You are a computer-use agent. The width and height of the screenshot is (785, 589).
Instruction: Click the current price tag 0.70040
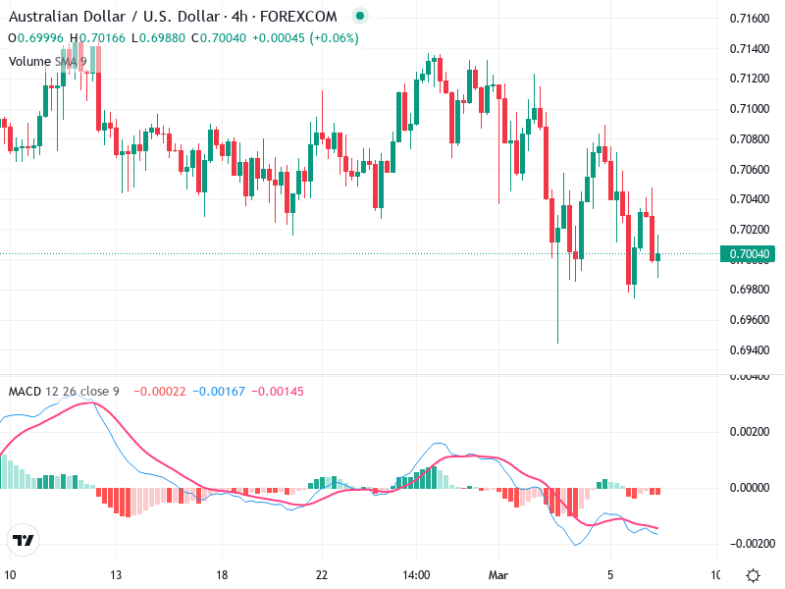pos(751,255)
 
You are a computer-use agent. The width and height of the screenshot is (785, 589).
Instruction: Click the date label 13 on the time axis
pos(115,575)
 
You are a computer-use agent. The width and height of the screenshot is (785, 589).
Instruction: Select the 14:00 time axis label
pos(416,575)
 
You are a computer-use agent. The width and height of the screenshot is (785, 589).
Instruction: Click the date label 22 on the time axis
pos(321,575)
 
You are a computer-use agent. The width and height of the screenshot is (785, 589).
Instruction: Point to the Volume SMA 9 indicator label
pos(47,61)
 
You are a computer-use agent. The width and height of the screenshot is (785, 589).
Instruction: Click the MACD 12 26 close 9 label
pos(64,391)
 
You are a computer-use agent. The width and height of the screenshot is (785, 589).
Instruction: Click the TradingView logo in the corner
pos(23,540)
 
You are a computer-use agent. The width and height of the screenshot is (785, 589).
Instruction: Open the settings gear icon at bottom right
pos(753,575)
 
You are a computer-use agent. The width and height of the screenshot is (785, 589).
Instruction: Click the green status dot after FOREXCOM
pos(359,17)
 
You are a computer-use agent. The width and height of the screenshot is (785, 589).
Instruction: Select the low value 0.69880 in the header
pos(162,38)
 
